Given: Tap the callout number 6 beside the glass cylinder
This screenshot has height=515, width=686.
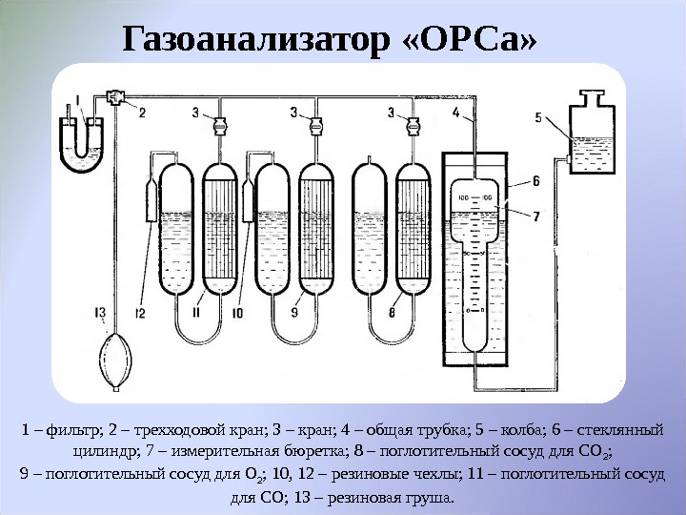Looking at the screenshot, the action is pyautogui.click(x=538, y=179).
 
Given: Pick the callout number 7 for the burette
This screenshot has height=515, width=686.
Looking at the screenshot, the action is pyautogui.click(x=538, y=216).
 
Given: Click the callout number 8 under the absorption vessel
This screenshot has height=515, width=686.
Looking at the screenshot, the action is pyautogui.click(x=393, y=311).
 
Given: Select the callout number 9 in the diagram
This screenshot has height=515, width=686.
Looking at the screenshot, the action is pyautogui.click(x=294, y=311).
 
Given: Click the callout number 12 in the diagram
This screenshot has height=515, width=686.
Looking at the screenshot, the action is pyautogui.click(x=140, y=311).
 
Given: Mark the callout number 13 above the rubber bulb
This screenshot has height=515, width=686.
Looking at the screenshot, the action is pyautogui.click(x=100, y=311).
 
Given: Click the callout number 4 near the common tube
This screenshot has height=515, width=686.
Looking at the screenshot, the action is pyautogui.click(x=456, y=113).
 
